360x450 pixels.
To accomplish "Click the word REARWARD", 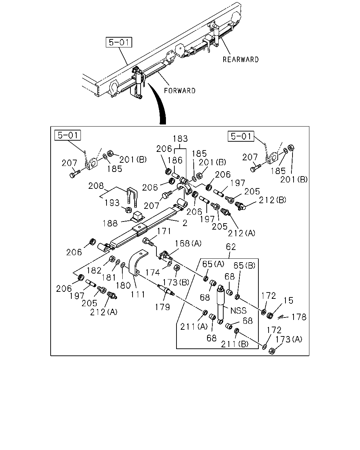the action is [240, 60].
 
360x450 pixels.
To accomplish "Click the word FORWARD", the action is [180, 91].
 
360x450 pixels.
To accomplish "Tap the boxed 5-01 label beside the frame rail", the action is [119, 42].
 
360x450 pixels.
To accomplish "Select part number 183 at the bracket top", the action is [180, 139].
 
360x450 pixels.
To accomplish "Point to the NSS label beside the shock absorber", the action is [238, 311].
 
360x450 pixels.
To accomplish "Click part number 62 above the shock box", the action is [231, 247].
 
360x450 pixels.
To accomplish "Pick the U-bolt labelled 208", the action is [132, 197].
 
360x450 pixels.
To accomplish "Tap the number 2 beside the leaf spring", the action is [185, 223].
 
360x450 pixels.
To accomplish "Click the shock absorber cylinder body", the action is [220, 304].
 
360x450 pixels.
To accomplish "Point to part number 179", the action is [162, 307].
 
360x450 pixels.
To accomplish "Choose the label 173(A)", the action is [289, 339].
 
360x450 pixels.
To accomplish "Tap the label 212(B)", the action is [272, 200].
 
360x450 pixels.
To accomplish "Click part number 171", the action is [164, 231].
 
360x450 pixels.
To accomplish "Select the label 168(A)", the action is [188, 243].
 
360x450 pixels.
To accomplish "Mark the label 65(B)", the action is [244, 265].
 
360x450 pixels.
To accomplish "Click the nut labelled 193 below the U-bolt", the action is [128, 210].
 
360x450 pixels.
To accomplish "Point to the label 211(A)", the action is [194, 327].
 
